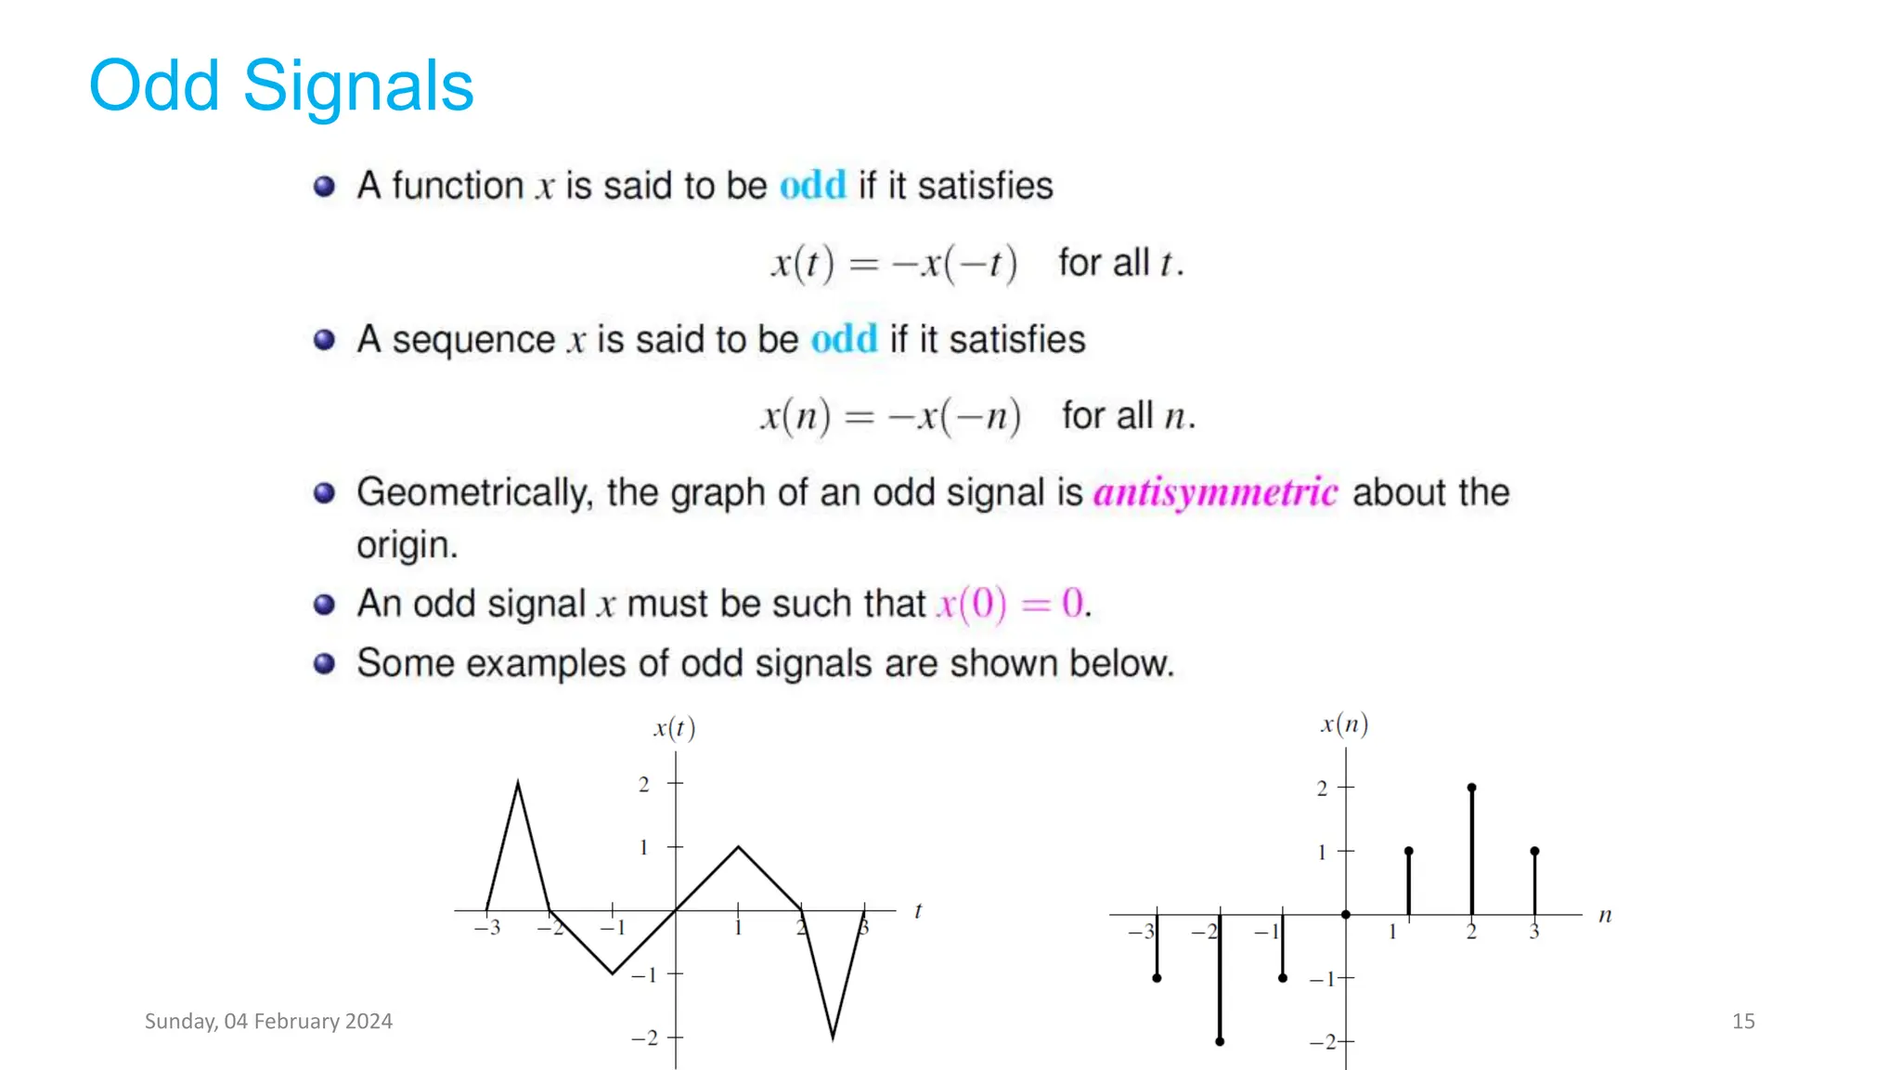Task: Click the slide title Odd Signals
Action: click(x=280, y=85)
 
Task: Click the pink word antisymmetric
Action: click(x=1215, y=492)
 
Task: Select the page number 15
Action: click(x=1742, y=1021)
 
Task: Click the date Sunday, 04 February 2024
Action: click(x=268, y=1021)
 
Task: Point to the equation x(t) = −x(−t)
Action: click(x=894, y=263)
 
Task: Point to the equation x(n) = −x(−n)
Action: click(x=890, y=416)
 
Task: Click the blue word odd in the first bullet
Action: click(x=812, y=186)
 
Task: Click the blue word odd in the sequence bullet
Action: click(x=844, y=340)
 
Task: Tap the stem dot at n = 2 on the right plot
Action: click(x=1471, y=788)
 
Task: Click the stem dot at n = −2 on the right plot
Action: click(x=1220, y=1041)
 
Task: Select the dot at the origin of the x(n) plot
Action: click(x=1346, y=915)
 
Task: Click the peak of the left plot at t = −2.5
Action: click(x=518, y=784)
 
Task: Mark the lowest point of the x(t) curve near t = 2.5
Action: click(x=833, y=1037)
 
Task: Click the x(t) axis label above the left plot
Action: click(x=675, y=728)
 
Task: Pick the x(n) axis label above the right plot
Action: click(x=1344, y=724)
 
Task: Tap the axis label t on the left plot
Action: click(x=918, y=911)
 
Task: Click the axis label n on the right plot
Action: click(x=1605, y=916)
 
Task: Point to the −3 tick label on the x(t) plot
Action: click(x=487, y=927)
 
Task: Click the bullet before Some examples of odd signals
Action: click(x=324, y=663)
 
